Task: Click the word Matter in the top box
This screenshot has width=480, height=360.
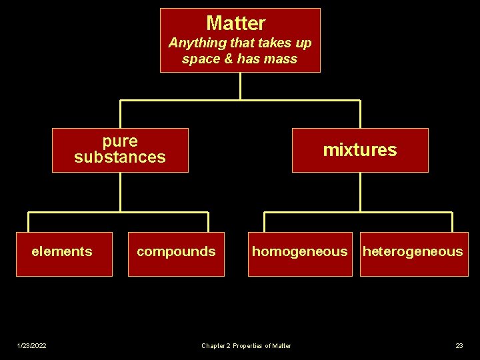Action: (236, 23)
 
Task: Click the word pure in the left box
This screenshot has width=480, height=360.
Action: (120, 141)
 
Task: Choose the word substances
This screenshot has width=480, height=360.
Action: (120, 157)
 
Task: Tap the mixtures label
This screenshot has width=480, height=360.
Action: (359, 150)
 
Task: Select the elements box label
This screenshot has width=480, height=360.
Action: (62, 251)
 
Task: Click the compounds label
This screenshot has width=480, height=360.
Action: (176, 251)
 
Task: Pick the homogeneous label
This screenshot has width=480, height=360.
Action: (299, 251)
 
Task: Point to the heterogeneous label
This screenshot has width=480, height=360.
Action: (412, 251)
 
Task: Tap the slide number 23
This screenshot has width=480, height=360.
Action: (459, 345)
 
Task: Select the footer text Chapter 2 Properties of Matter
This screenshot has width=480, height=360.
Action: (246, 345)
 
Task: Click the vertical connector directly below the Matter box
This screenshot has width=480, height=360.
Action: (240, 86)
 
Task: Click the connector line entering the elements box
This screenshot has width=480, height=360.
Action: (29, 223)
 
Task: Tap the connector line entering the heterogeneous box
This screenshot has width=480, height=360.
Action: (452, 223)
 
